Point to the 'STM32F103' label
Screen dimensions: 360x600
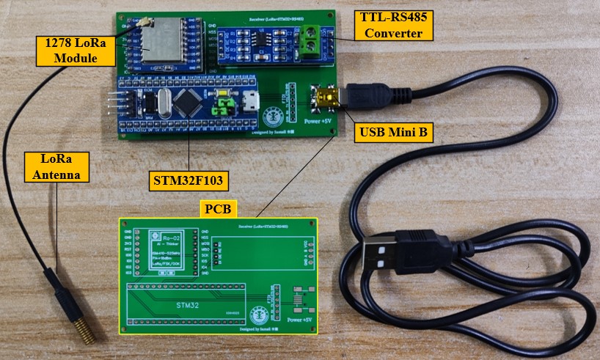pos(188,179)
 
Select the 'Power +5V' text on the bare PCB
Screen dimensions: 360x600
pos(299,320)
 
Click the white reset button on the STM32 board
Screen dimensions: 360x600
pos(221,103)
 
